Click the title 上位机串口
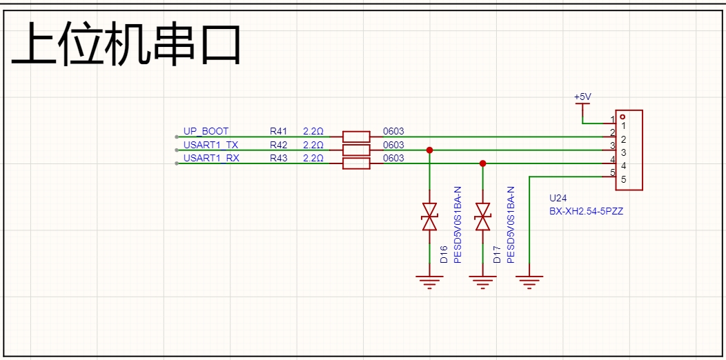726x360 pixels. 126,45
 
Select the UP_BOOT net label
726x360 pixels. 206,131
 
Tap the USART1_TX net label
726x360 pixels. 210,145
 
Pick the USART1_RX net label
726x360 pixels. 211,158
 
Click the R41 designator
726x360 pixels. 278,131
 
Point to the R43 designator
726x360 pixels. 278,158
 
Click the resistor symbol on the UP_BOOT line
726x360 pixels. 356,137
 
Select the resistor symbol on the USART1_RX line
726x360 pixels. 356,163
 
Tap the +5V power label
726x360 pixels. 582,97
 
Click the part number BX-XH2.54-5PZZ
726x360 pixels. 586,212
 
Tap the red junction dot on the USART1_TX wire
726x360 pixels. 430,150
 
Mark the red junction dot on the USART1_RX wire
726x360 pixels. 483,163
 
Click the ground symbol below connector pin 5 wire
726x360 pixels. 529,280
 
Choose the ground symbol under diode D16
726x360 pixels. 430,280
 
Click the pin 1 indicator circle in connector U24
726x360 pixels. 622,117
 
